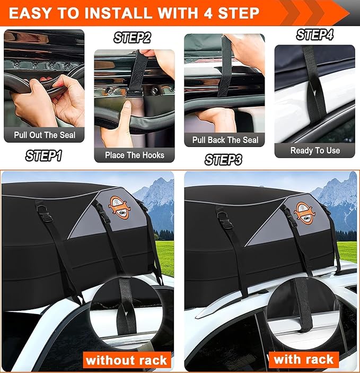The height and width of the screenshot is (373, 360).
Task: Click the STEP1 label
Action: tap(43, 156)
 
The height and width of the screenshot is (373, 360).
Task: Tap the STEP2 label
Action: tap(132, 38)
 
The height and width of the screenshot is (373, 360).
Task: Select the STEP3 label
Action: tap(223, 159)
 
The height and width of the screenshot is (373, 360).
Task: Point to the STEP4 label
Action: tap(315, 35)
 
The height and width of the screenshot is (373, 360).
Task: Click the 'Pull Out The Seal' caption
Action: tap(45, 135)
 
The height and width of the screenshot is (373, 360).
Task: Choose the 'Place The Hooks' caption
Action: tap(135, 155)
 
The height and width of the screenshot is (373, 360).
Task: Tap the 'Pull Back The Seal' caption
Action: tap(224, 140)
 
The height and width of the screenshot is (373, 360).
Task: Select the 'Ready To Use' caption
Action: tap(315, 150)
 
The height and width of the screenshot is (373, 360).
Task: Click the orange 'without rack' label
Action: tap(126, 360)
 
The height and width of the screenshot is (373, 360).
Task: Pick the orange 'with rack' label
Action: tap(303, 359)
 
